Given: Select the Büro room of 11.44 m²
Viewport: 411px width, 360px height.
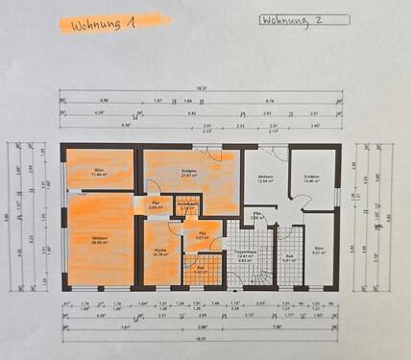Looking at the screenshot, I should (x=98, y=172).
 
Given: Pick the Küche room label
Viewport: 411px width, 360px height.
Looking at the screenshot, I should (x=159, y=252).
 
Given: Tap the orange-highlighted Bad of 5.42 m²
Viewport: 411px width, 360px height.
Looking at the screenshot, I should (x=201, y=271).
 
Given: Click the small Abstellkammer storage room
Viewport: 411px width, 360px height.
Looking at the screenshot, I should (x=187, y=205).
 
